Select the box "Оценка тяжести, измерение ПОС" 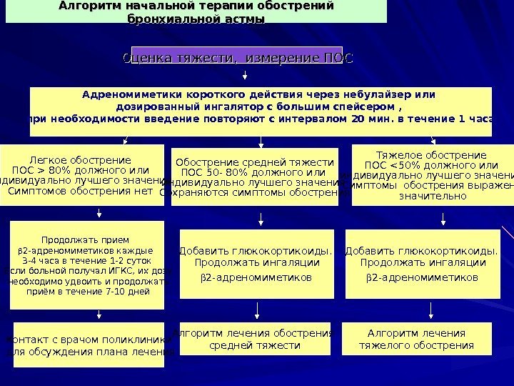point(238,57)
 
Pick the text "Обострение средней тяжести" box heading point(255,162)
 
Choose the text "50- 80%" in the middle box point(226,172)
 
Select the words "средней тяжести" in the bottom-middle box point(255,345)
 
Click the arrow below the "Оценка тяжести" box point(246,73)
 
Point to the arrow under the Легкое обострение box point(98,212)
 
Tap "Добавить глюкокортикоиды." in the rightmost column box point(420,251)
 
